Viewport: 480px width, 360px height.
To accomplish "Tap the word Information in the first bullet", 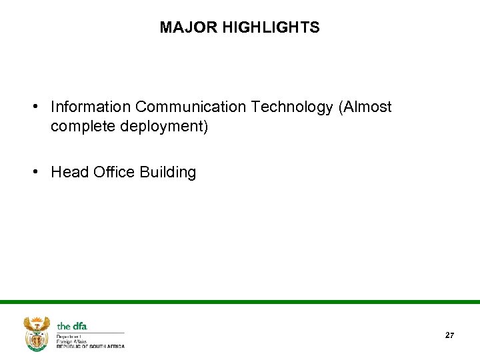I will [91, 107].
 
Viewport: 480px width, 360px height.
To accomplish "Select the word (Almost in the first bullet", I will [365, 107].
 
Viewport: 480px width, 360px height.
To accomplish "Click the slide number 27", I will [449, 335].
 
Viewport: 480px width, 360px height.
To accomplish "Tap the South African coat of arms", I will [36, 333].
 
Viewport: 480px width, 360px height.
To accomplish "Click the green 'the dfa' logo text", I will [72, 326].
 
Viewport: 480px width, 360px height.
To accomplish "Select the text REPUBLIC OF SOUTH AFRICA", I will [91, 347].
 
